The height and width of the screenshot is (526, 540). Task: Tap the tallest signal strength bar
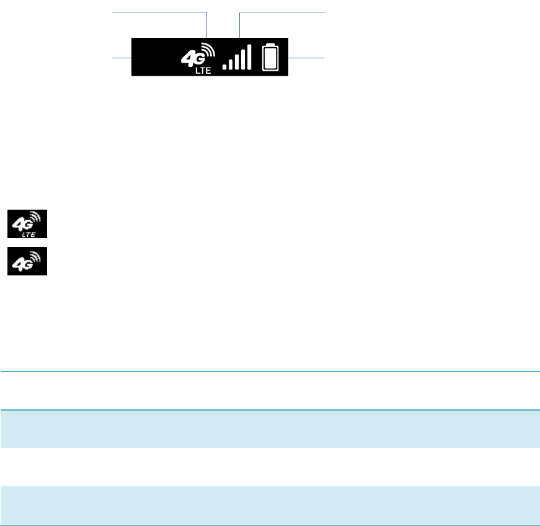[249, 56]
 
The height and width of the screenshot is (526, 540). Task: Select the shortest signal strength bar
[225, 66]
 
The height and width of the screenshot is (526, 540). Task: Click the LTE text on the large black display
[204, 71]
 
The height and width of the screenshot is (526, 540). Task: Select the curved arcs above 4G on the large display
[208, 50]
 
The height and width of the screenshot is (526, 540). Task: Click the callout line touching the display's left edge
[122, 57]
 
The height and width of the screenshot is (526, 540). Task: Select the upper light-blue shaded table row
[270, 429]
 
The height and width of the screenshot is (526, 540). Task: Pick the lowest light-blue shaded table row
[270, 506]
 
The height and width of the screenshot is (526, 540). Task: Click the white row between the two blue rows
[270, 467]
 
